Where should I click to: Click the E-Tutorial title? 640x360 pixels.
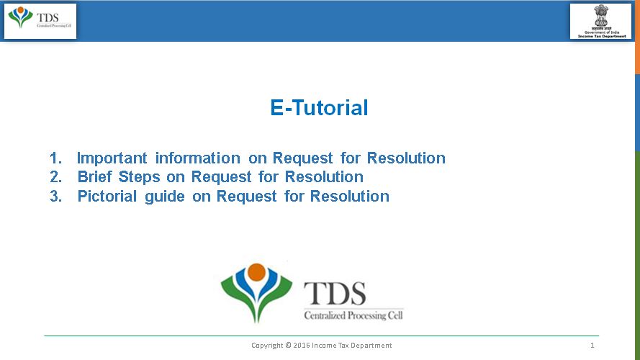coord(319,108)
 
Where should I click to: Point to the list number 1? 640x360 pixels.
coord(55,158)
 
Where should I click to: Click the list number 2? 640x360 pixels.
coord(55,177)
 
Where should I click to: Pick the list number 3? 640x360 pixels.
coord(55,197)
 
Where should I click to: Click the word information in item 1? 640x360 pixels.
coord(197,158)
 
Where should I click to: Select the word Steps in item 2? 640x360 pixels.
coord(140,177)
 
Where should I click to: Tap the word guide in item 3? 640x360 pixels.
coord(165,197)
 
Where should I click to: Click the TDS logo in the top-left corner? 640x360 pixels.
coord(40,20)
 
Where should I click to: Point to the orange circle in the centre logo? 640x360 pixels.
coord(256,273)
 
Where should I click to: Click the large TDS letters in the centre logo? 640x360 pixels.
coord(335,293)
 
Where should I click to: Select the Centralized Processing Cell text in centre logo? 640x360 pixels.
coord(353,315)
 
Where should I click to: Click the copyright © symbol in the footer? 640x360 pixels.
coord(289,346)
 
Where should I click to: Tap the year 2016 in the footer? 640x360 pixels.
coord(302,346)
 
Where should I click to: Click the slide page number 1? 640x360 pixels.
coord(592,346)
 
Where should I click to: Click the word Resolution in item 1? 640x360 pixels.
coord(406,158)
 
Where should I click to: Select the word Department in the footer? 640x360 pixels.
coord(373,346)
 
